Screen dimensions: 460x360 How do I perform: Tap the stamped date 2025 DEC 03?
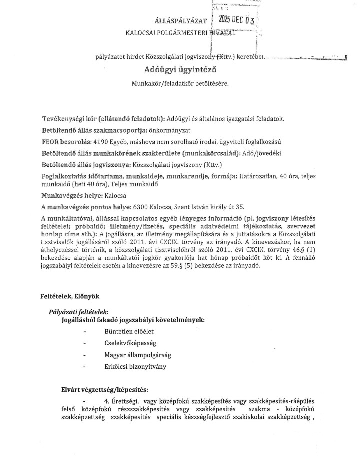pos(237,20)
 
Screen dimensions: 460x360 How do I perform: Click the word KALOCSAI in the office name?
pos(143,32)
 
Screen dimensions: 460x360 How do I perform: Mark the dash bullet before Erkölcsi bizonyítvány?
pos(85,367)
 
